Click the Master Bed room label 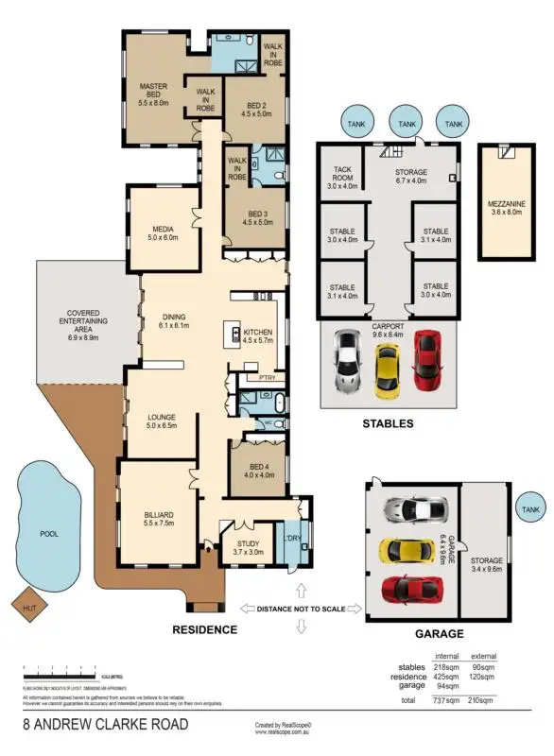[152, 94]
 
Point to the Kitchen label [257, 337]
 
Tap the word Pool [48, 534]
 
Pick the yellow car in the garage [407, 550]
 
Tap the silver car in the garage [414, 510]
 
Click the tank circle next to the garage [530, 509]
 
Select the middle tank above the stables [407, 124]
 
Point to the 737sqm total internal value [446, 701]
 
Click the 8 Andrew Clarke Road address [106, 725]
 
